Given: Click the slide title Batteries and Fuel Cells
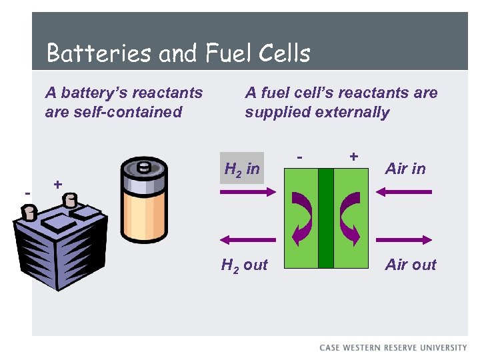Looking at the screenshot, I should [179, 53].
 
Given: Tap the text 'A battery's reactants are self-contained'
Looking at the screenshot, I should [123, 102].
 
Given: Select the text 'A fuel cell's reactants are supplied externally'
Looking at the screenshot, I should [341, 102].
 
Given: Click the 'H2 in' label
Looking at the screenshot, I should [242, 169].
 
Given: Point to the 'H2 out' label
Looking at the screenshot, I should [244, 265].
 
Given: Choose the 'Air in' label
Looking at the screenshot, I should [405, 169].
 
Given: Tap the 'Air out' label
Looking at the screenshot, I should [411, 265].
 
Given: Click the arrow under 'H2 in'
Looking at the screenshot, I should [247, 191].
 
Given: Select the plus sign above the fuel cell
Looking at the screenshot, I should [353, 156].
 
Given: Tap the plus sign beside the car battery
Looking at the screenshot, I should [59, 183].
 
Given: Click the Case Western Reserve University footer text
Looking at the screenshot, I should [393, 347].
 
